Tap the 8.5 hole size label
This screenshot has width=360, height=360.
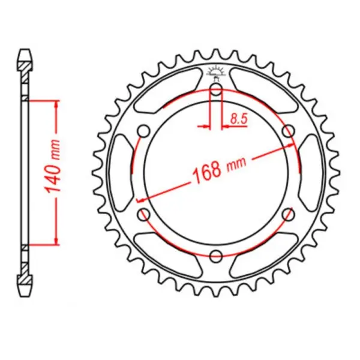click(239, 118)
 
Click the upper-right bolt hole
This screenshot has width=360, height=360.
click(288, 131)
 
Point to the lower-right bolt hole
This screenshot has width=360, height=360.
click(288, 214)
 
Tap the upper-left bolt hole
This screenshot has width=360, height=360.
click(144, 131)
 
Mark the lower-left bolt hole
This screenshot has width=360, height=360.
click(144, 214)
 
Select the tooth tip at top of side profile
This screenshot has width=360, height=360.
click(24, 50)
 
